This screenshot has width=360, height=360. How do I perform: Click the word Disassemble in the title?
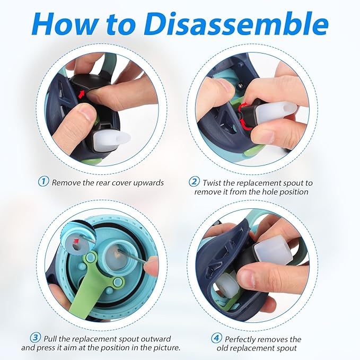pyautogui.click(x=236, y=24)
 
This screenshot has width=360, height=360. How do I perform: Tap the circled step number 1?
pyautogui.click(x=43, y=181)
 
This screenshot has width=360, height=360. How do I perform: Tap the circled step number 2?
pyautogui.click(x=194, y=181)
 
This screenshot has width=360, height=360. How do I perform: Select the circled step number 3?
pyautogui.click(x=36, y=338)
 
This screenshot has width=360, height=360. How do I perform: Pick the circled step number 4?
pyautogui.click(x=216, y=338)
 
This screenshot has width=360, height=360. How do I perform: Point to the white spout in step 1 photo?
pyautogui.click(x=111, y=141)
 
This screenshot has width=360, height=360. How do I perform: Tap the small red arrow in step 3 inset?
pyautogui.click(x=76, y=241)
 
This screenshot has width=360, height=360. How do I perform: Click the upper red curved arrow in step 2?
pyautogui.click(x=243, y=106)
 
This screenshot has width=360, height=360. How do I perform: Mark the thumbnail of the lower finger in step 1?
pyautogui.click(x=86, y=113)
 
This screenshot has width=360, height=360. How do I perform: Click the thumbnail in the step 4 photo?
pyautogui.click(x=247, y=271)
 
